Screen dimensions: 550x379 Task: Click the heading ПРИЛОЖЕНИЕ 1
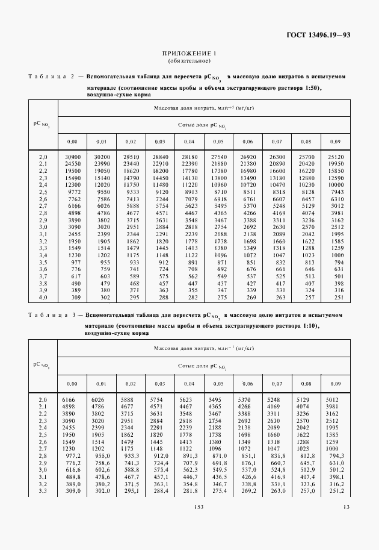tap(189, 54)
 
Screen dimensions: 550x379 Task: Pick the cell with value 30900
tap(73, 157)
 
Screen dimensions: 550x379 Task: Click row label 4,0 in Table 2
tap(43, 297)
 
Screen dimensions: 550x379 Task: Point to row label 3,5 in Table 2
tap(43, 262)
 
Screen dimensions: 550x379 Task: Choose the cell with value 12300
tap(73, 185)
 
